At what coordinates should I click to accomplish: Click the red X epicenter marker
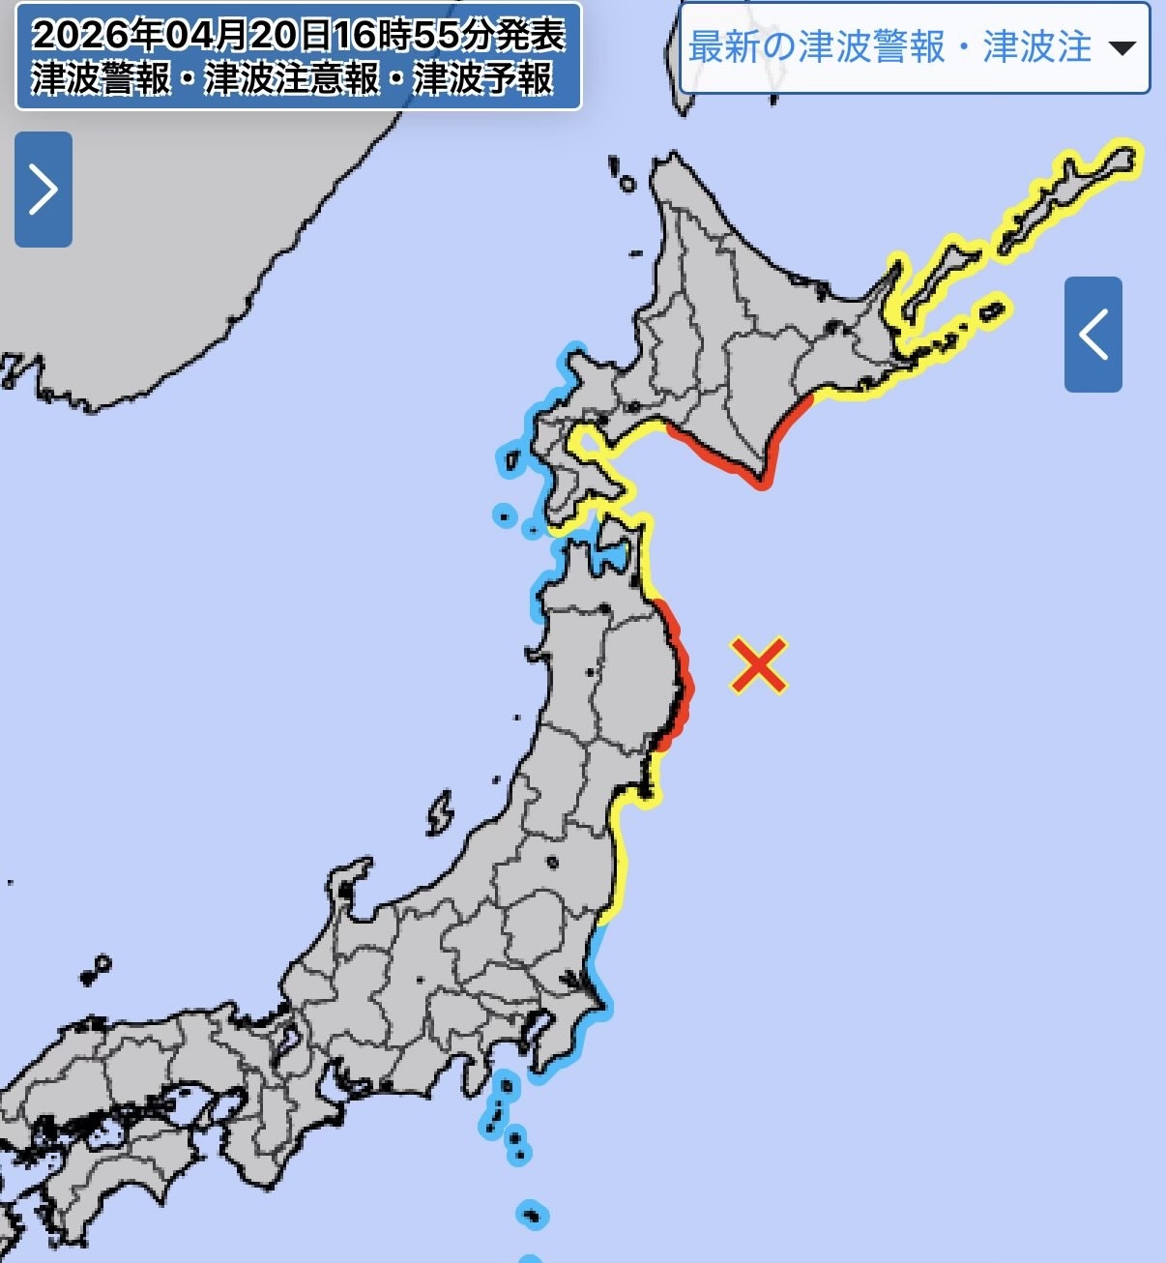pyautogui.click(x=759, y=665)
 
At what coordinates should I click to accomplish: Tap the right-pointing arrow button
pyautogui.click(x=44, y=190)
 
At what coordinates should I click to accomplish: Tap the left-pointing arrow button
pyautogui.click(x=1093, y=335)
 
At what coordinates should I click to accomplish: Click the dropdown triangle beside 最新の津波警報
pyautogui.click(x=1122, y=47)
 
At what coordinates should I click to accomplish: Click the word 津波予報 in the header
pyautogui.click(x=483, y=78)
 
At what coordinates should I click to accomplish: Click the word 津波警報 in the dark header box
pyautogui.click(x=101, y=78)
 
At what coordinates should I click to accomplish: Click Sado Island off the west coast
pyautogui.click(x=439, y=813)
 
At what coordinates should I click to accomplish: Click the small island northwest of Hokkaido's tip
pyautogui.click(x=627, y=183)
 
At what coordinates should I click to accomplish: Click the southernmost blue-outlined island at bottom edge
pyautogui.click(x=531, y=1257)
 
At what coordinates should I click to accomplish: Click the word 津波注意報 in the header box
pyautogui.click(x=292, y=78)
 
